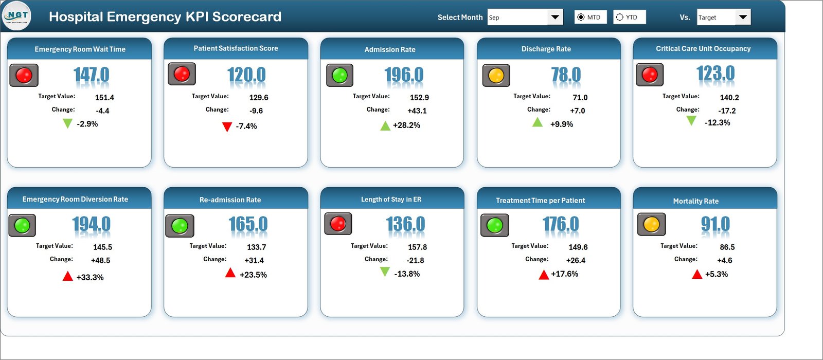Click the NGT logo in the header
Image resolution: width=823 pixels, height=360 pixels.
pyautogui.click(x=16, y=16)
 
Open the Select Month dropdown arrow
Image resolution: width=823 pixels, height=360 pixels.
pyautogui.click(x=555, y=17)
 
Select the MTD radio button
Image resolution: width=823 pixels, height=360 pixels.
pyautogui.click(x=581, y=17)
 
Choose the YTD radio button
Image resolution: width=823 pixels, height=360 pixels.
pyautogui.click(x=620, y=17)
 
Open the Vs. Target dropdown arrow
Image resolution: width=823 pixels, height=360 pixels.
pyautogui.click(x=743, y=17)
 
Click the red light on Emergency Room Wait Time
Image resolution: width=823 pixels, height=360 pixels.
pyautogui.click(x=24, y=75)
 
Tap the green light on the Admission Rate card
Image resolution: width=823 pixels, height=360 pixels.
pyautogui.click(x=339, y=76)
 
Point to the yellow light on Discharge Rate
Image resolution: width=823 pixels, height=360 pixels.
pyautogui.click(x=496, y=76)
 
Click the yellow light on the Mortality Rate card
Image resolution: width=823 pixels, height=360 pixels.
pyautogui.click(x=651, y=224)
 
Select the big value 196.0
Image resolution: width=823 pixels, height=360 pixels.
pyautogui.click(x=404, y=75)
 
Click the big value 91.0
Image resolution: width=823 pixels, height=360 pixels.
pyautogui.click(x=715, y=224)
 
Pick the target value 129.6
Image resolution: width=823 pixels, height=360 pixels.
pyautogui.click(x=259, y=97)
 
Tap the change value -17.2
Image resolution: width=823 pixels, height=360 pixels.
pyautogui.click(x=727, y=111)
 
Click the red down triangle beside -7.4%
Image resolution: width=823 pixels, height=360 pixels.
pyautogui.click(x=227, y=127)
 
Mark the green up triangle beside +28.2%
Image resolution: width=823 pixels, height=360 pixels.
pyautogui.click(x=385, y=125)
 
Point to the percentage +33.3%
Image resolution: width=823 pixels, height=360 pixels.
pyautogui.click(x=90, y=277)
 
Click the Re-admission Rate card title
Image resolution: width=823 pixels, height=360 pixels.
pyautogui.click(x=230, y=200)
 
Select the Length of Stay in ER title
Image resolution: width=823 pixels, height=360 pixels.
pyautogui.click(x=391, y=199)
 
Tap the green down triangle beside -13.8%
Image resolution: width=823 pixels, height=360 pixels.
pyautogui.click(x=385, y=272)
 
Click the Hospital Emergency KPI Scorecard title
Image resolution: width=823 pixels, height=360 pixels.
pyautogui.click(x=165, y=16)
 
